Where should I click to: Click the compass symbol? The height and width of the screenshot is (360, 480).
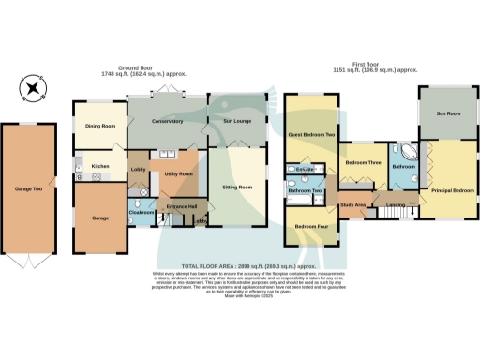[x=33, y=90]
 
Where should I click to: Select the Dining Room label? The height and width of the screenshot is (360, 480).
[x=100, y=126]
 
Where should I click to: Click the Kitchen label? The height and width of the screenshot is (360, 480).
[x=100, y=166]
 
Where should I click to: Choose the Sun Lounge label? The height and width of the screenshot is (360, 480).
[x=235, y=122]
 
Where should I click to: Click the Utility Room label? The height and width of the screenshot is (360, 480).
[x=178, y=174]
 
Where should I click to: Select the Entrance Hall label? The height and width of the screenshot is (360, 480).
[x=181, y=205]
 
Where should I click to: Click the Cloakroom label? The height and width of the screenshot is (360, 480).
[x=141, y=212]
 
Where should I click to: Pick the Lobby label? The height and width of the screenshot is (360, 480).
[x=138, y=169]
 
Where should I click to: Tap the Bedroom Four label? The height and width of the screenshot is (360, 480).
[x=311, y=226]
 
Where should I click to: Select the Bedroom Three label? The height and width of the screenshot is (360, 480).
[x=363, y=162]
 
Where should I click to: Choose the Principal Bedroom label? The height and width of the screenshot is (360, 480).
[x=452, y=191]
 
